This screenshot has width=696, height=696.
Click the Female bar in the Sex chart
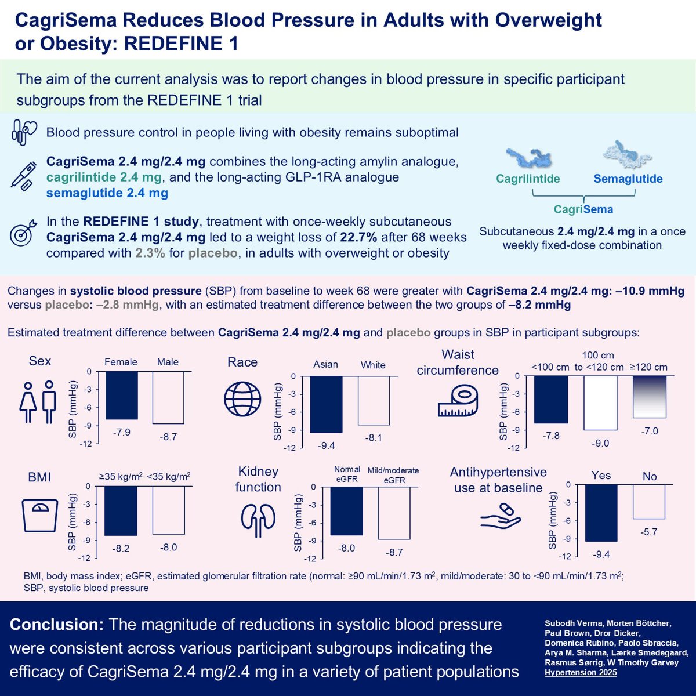coord(121,396)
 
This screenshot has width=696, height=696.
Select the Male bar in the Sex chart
coord(168,398)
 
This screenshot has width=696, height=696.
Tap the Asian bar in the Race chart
coord(325,404)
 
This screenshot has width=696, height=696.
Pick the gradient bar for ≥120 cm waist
coord(650,397)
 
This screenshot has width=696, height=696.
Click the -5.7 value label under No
coord(649,532)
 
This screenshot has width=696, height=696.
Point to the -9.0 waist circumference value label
coord(600,443)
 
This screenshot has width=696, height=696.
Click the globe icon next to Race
coord(242,398)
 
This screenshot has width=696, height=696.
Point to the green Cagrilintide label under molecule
coord(528,179)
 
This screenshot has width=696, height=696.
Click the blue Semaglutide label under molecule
coord(628,179)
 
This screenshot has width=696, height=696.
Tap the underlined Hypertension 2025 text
coord(580,673)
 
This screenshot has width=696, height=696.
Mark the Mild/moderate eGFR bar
coord(394,513)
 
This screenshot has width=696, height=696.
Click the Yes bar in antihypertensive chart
coord(601,513)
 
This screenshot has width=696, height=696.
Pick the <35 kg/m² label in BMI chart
coord(168,476)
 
